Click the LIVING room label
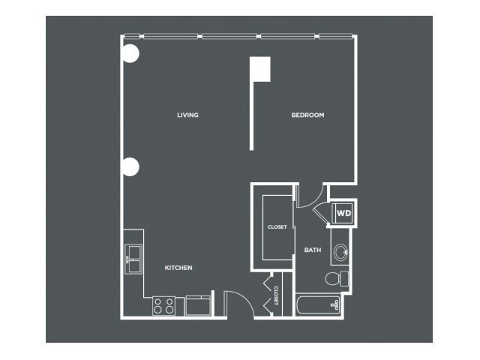click(187, 115)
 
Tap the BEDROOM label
click(307, 115)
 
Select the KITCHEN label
click(178, 268)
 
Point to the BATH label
click(313, 250)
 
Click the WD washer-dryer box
click(343, 213)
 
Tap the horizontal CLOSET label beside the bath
click(277, 226)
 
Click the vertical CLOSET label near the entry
click(276, 295)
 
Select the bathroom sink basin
click(340, 252)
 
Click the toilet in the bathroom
click(337, 278)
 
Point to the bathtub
click(318, 305)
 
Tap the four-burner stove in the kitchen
click(163, 306)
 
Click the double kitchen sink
click(133, 259)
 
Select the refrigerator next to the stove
click(198, 305)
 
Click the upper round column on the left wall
click(130, 53)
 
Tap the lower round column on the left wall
click(130, 166)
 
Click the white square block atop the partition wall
click(260, 69)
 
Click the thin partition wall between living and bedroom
click(252, 116)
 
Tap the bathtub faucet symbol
click(334, 305)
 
